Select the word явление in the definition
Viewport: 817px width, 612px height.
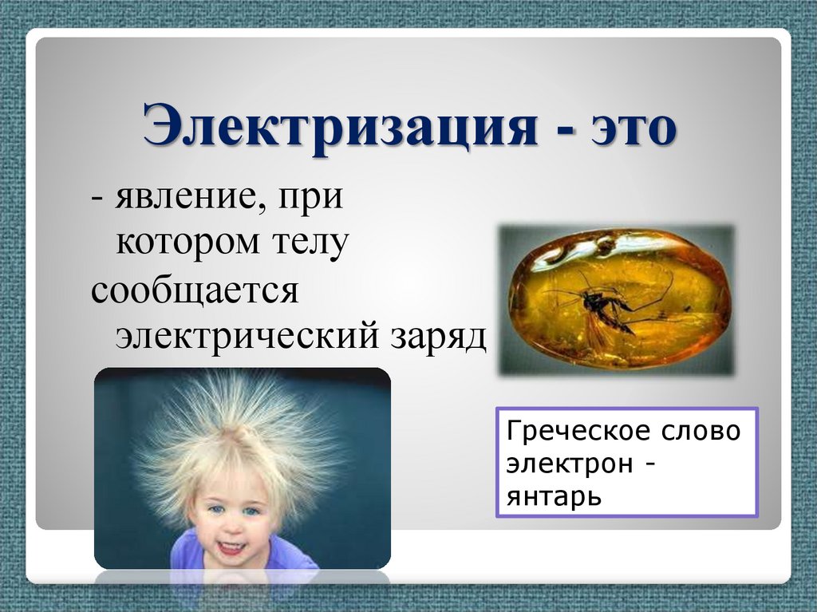[x=184, y=197]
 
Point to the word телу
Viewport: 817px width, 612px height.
[x=307, y=242]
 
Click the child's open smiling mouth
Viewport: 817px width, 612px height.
[x=232, y=547]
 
